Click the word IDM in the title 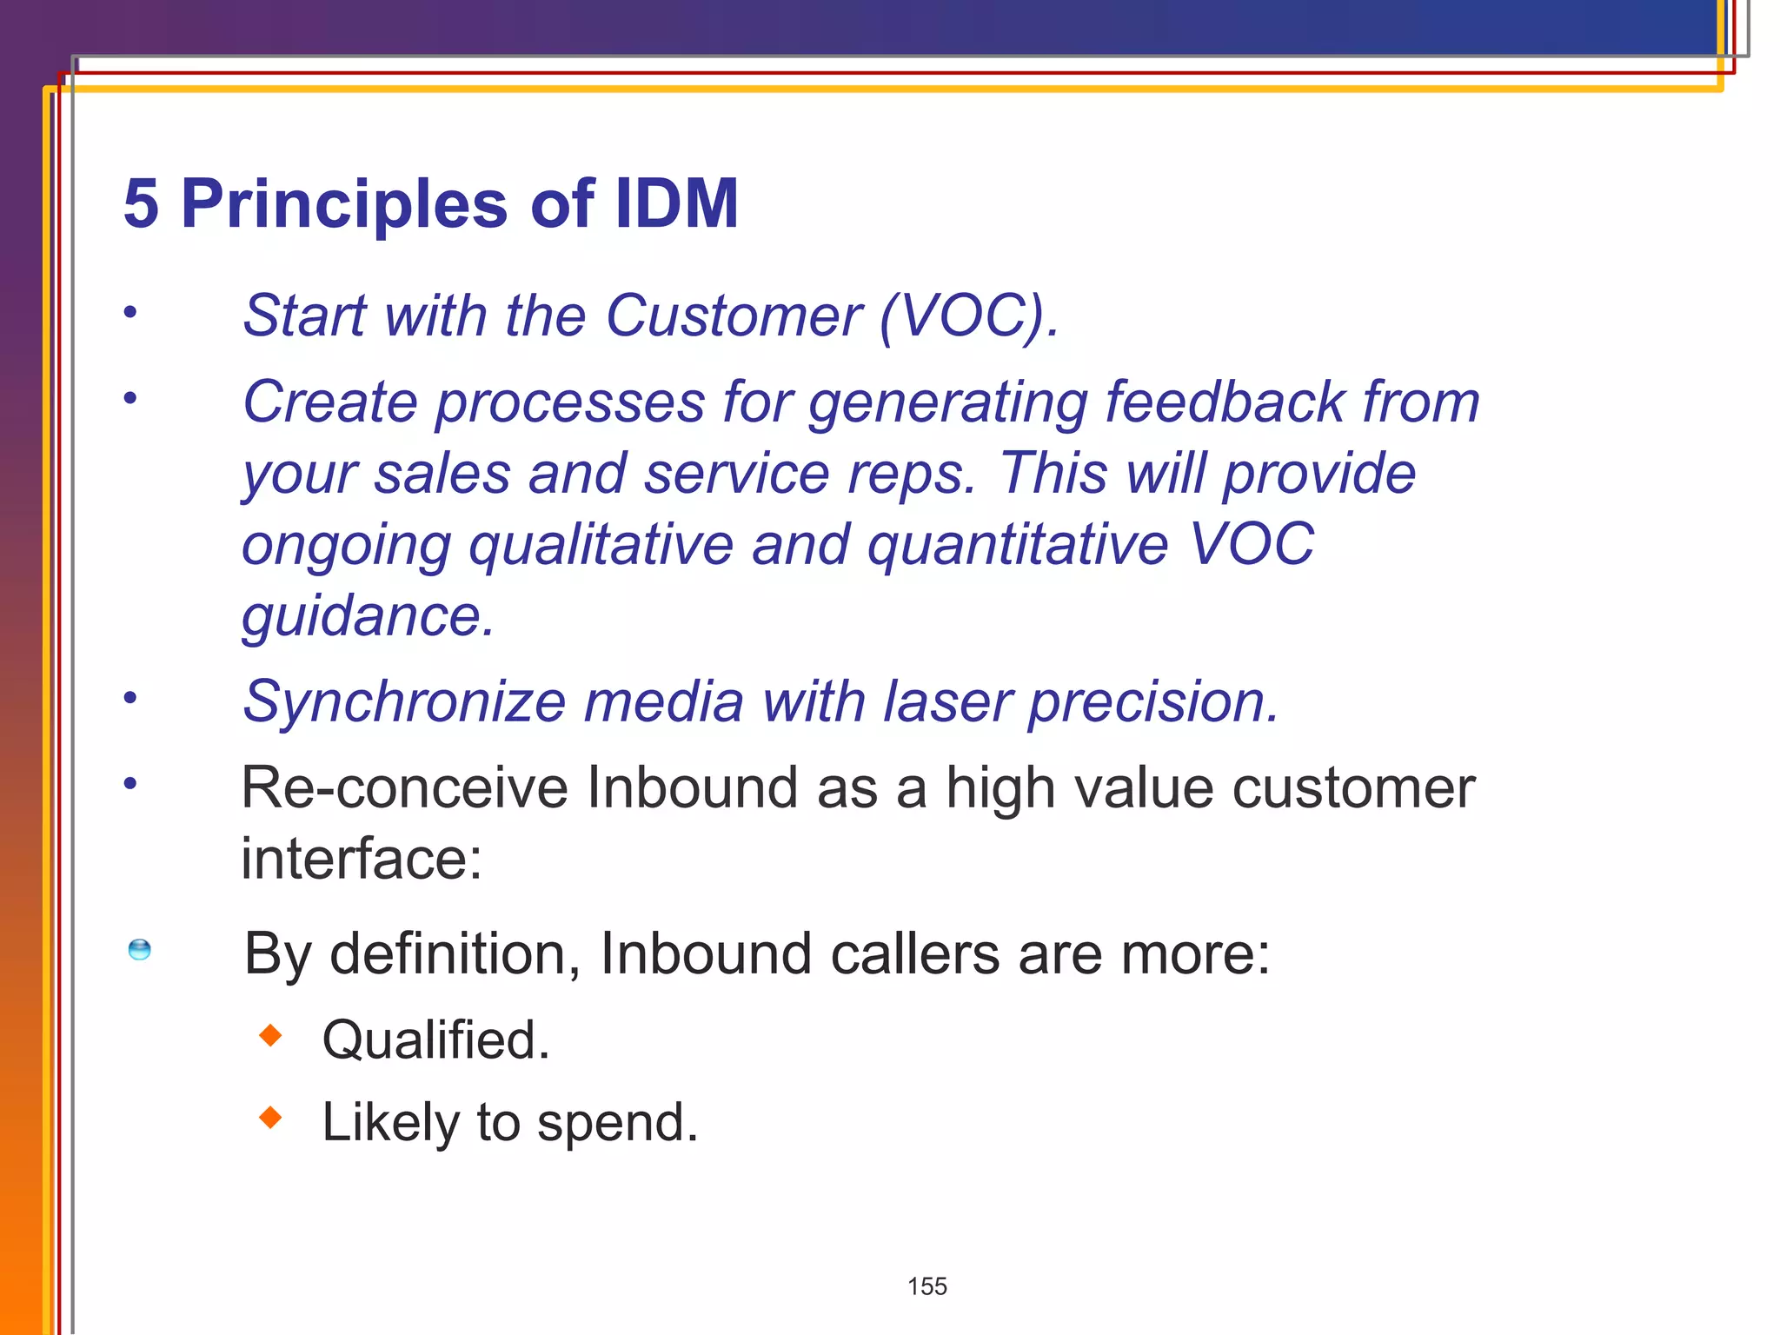click(676, 203)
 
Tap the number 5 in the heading click(142, 203)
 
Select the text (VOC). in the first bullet click(969, 315)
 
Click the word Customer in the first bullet click(734, 315)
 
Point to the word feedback click(1225, 402)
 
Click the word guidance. click(368, 617)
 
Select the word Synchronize click(404, 702)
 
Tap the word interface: click(362, 859)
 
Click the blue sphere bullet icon click(139, 950)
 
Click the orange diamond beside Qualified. click(271, 1035)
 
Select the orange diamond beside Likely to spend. click(271, 1117)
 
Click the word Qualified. click(435, 1039)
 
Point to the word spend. click(617, 1123)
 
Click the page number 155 click(927, 1286)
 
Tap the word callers click(914, 954)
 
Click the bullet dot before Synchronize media click(130, 697)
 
